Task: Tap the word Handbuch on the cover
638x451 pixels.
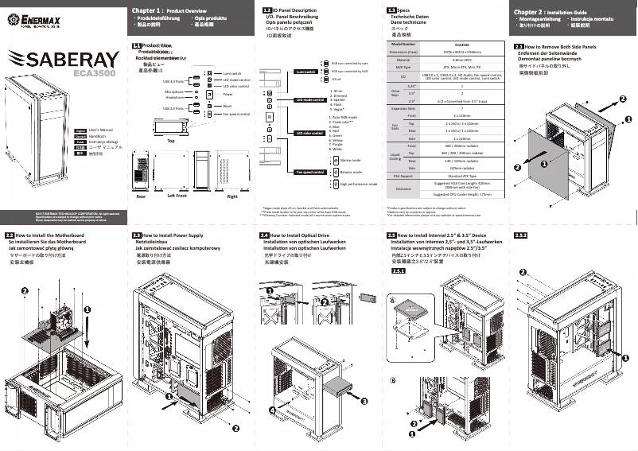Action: (99, 136)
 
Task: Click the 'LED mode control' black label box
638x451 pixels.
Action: (310, 100)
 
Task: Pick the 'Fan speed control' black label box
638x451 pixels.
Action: (309, 172)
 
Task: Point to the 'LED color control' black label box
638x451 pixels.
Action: (310, 134)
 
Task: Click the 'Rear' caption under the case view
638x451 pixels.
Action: (141, 195)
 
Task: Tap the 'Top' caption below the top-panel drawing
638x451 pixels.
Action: (171, 141)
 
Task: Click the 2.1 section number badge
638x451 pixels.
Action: (519, 48)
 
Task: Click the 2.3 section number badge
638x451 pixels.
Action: (136, 235)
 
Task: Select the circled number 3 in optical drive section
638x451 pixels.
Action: (364, 402)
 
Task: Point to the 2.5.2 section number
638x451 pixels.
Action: (522, 235)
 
